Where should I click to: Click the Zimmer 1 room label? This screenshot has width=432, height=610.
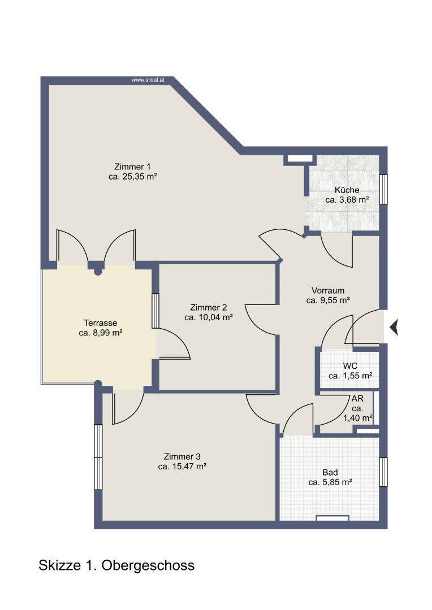tap(132, 167)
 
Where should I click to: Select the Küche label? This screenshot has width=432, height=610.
tap(347, 190)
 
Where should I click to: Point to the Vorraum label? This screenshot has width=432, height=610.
tap(328, 291)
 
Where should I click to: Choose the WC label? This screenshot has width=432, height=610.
tap(350, 366)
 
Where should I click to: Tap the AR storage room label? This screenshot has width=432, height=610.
tap(357, 399)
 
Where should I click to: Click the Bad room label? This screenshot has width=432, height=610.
tap(330, 473)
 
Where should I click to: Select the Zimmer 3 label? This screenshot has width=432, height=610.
tap(182, 457)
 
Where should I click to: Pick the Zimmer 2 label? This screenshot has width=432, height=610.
tap(209, 308)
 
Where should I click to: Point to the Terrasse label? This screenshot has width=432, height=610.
tap(101, 323)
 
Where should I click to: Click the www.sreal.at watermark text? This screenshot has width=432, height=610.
tap(148, 80)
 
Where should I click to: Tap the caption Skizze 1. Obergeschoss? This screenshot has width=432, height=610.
tap(116, 565)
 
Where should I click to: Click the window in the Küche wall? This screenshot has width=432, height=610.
tap(383, 189)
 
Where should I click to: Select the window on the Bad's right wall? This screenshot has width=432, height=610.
tap(383, 472)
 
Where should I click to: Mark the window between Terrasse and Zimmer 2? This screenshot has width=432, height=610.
tap(155, 311)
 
